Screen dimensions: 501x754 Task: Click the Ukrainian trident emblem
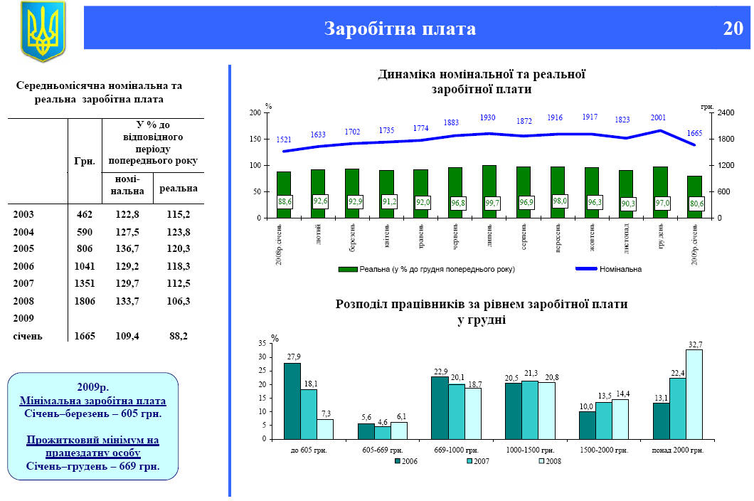coord(43,31)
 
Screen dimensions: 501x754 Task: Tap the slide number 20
coord(733,29)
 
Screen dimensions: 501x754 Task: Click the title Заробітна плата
coord(400,29)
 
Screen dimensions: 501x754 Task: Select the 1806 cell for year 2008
coord(85,301)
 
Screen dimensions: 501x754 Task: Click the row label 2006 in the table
coord(24,266)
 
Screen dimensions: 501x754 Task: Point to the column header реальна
coord(178,189)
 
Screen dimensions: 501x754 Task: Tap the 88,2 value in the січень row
coord(178,336)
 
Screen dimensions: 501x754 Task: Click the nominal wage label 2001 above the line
coord(658,117)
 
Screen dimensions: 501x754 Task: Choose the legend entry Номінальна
coord(620,270)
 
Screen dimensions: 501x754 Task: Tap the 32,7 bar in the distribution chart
coord(694,394)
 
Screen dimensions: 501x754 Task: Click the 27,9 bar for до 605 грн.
coord(292,401)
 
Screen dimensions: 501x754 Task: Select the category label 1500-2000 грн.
coord(604,450)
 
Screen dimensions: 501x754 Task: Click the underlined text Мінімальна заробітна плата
coord(92,401)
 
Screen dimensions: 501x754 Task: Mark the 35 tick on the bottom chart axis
coord(262,344)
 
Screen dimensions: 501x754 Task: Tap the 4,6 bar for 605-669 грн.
coord(383,433)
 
